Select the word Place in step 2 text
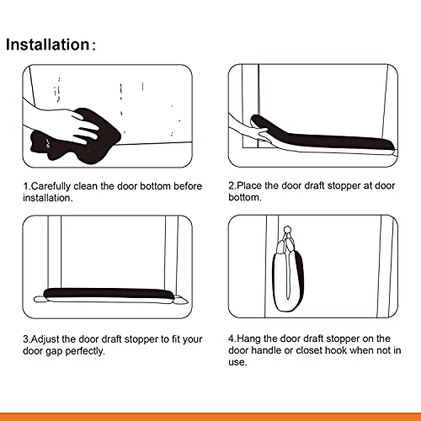click(252, 186)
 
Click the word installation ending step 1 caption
click(49, 198)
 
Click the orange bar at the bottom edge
click(210, 416)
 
